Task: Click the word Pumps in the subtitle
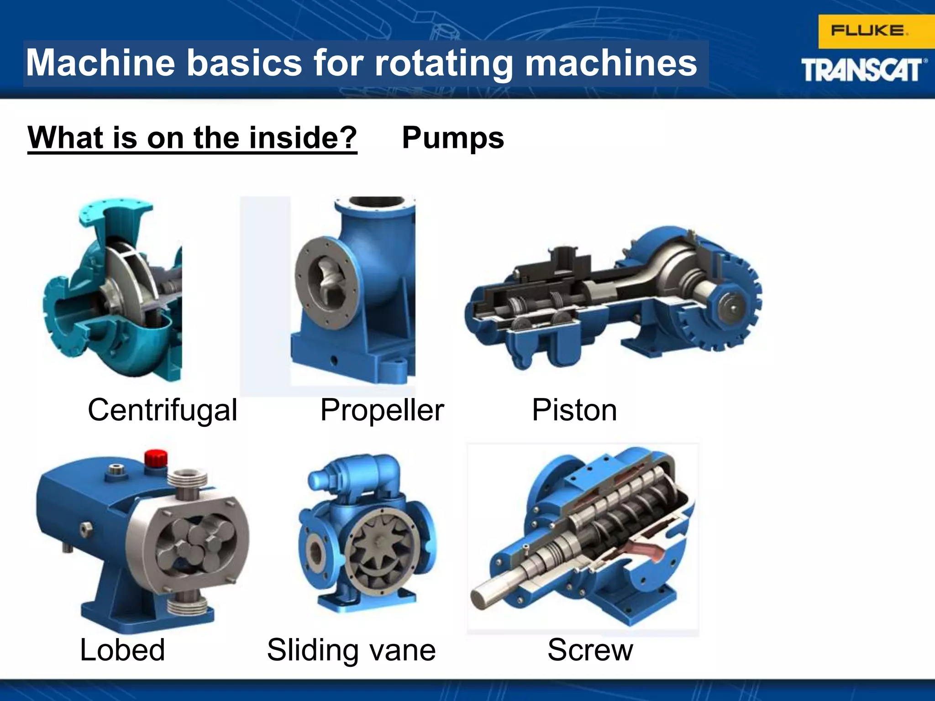click(x=453, y=138)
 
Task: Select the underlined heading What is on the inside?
click(x=192, y=138)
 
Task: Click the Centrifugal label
click(x=163, y=410)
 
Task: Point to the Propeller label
click(x=382, y=410)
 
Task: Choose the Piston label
click(x=574, y=410)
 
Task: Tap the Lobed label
click(x=122, y=650)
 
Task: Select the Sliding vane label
click(x=351, y=650)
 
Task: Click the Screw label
click(x=590, y=650)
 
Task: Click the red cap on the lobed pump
click(x=156, y=458)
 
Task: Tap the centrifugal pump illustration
click(x=114, y=292)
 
